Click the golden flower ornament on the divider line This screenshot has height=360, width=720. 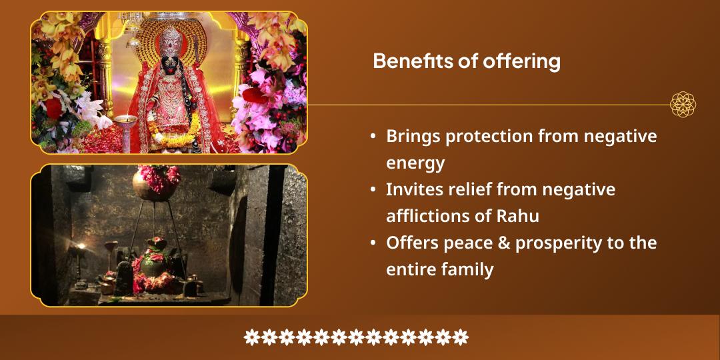[x=683, y=104]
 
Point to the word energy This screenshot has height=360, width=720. [x=415, y=163]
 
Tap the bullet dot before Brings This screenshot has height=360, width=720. [x=373, y=137]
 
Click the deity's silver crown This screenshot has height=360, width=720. [x=171, y=42]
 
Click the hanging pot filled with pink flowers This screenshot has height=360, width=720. [x=155, y=183]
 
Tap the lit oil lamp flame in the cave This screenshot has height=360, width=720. [x=81, y=247]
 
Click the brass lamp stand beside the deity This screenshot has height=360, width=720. [x=125, y=133]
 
